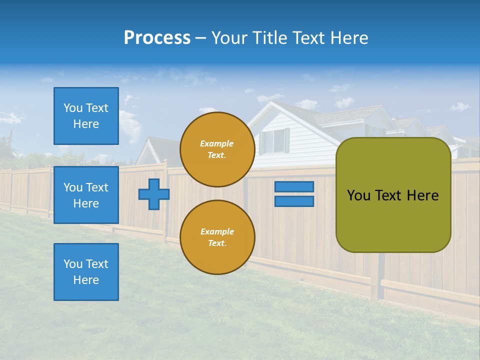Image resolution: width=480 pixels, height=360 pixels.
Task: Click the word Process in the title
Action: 157,38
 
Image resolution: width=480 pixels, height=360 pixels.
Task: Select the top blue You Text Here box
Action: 86,116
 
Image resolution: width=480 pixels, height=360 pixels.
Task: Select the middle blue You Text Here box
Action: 86,195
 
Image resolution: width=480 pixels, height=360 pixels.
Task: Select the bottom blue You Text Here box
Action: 86,272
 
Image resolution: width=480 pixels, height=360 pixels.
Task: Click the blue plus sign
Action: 154,194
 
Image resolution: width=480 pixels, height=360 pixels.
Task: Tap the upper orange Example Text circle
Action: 217,149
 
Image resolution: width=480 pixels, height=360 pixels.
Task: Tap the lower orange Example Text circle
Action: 217,237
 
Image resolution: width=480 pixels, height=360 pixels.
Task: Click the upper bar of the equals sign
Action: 294,187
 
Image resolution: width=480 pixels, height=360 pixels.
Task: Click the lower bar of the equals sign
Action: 294,201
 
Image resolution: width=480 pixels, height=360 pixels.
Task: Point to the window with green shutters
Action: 274,141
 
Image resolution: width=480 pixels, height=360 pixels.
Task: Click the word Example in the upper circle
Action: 217,144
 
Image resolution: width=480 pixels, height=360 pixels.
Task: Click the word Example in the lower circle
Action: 217,232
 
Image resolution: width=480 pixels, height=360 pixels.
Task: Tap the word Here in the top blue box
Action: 86,124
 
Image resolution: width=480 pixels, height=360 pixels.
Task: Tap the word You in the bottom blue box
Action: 72,264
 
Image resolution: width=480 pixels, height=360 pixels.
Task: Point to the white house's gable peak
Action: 271,102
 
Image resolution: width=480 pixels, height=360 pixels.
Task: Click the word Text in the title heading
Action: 306,38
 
